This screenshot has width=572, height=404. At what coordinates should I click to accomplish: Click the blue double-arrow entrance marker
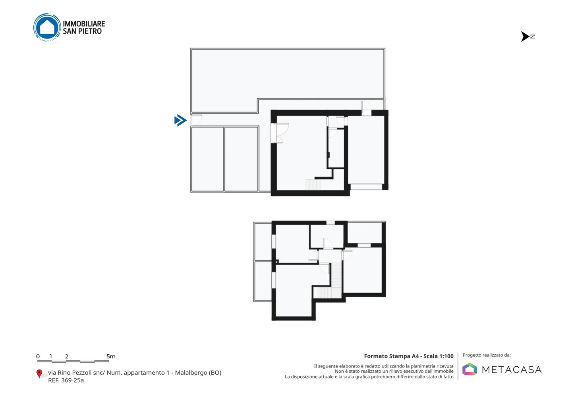[x=180, y=120]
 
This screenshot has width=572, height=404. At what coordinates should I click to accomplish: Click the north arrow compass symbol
[x=528, y=37]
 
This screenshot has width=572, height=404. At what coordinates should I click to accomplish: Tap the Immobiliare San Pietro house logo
[x=47, y=27]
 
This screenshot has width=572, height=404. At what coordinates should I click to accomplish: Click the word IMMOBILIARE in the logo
[x=84, y=24]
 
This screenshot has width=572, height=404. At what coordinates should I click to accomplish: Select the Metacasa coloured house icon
[x=470, y=369]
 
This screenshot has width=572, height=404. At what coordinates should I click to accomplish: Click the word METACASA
[x=512, y=369]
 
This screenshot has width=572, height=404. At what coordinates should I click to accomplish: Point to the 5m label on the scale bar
[x=111, y=356]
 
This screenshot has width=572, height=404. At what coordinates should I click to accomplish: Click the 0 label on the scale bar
[x=38, y=356]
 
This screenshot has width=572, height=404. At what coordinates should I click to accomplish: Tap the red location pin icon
[x=39, y=374]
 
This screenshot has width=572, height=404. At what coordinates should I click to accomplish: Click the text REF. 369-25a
[x=66, y=380]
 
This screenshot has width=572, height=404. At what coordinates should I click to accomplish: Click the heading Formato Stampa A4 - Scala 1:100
[x=409, y=356]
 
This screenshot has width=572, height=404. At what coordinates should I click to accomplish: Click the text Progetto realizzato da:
[x=487, y=355]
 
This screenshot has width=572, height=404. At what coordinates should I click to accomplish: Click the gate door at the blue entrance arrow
[x=196, y=120]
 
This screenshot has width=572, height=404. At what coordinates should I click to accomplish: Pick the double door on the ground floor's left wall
[x=280, y=133]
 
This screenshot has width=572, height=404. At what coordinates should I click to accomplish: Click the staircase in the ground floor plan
[x=313, y=185]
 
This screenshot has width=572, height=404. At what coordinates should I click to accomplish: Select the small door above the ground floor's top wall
[x=366, y=108]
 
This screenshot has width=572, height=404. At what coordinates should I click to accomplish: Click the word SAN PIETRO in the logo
[x=82, y=31]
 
